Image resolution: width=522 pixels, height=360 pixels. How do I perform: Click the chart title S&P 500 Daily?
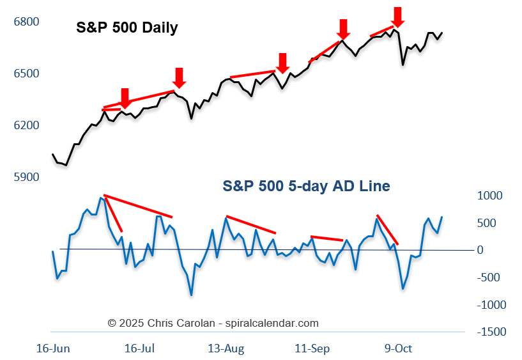(127, 28)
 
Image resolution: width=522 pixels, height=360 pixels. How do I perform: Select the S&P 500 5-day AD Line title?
(306, 186)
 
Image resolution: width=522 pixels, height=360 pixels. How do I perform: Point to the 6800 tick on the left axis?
(26, 22)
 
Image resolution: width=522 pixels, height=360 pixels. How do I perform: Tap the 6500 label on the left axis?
(26, 74)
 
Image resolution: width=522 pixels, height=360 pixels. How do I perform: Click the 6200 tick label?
(26, 125)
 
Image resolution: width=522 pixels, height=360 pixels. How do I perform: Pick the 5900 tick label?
(26, 177)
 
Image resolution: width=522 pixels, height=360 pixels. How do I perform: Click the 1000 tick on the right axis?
(489, 196)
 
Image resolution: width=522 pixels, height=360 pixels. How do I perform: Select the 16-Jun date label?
(53, 348)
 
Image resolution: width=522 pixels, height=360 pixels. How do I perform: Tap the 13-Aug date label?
(226, 348)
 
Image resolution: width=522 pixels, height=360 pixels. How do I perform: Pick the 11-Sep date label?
(312, 348)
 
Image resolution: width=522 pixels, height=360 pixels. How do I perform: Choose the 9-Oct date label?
(397, 348)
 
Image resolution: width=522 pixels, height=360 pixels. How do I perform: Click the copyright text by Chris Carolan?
(213, 324)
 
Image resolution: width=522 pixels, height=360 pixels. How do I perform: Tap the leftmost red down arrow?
(125, 98)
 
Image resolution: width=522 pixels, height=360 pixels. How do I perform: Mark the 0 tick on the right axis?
(480, 250)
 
